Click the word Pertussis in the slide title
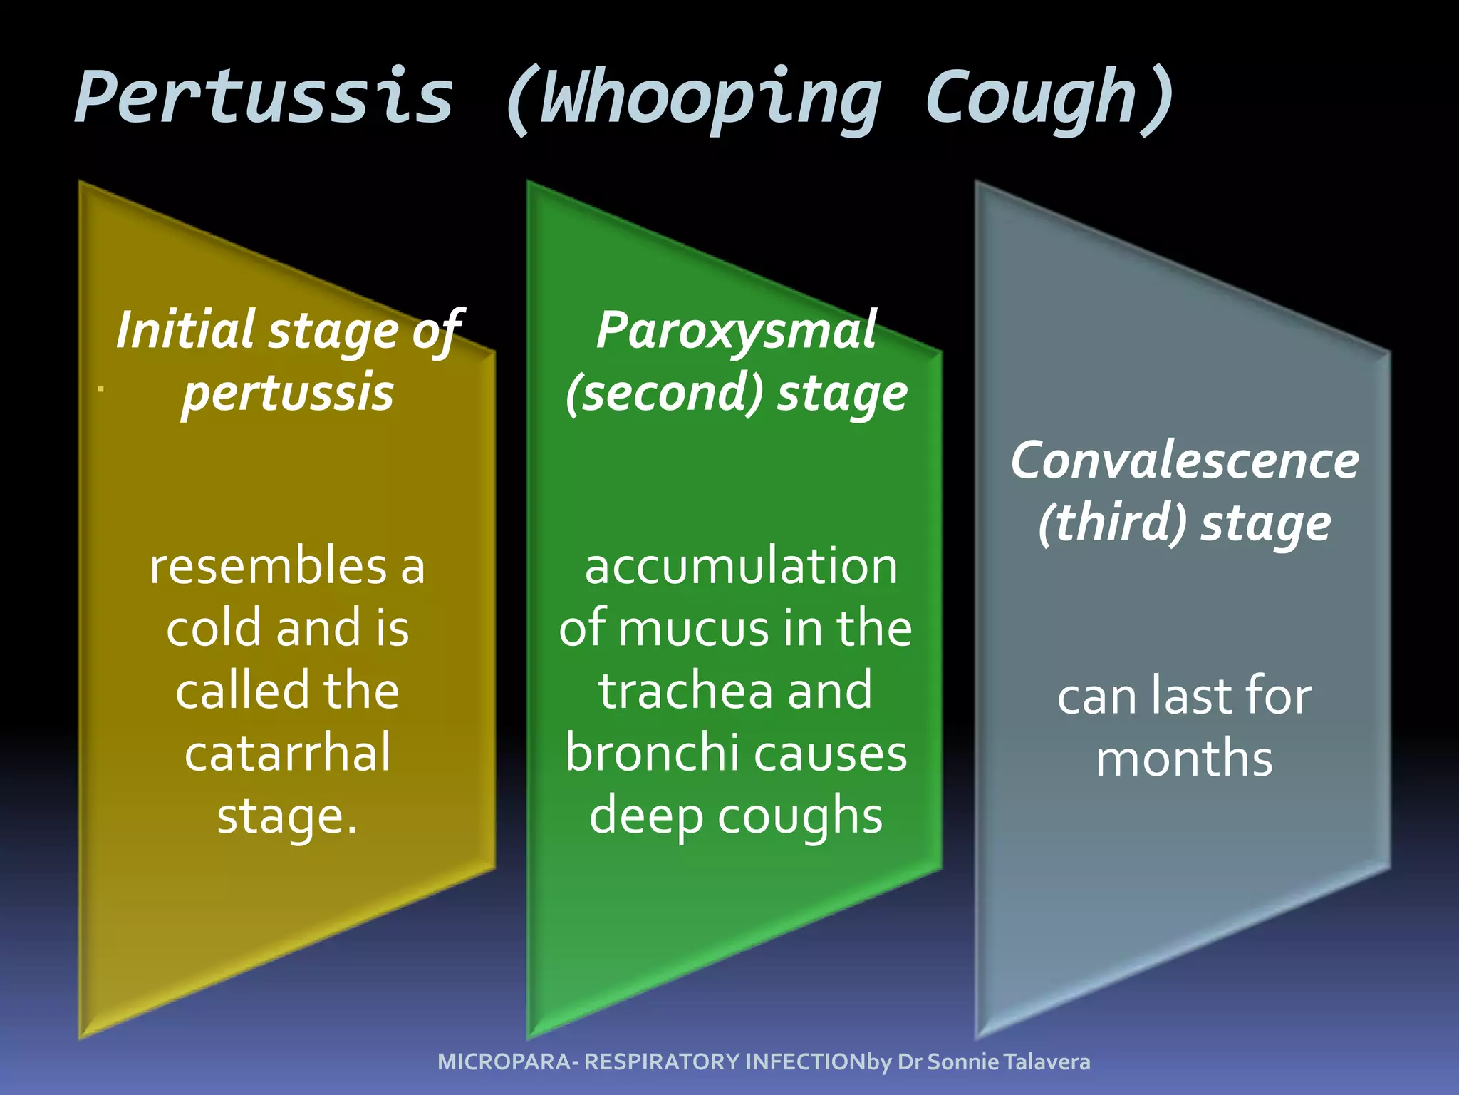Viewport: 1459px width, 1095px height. [x=264, y=97]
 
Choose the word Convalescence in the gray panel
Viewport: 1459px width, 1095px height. [x=1185, y=460]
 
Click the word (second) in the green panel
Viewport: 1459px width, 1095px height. [x=664, y=393]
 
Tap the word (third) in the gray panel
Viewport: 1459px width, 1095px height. [x=1112, y=523]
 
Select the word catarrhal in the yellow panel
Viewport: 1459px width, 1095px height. [x=288, y=753]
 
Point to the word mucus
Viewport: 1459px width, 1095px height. [x=695, y=629]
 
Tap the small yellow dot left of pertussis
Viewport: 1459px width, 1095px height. [x=101, y=389]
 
